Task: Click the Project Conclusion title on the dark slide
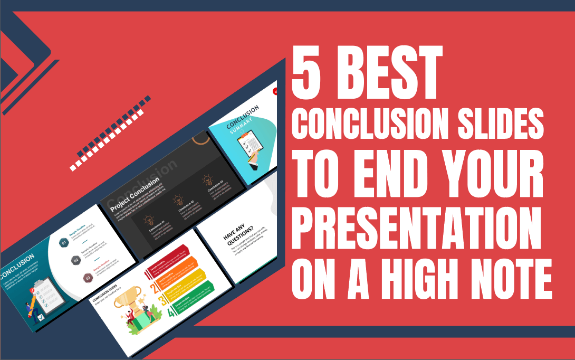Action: tap(135, 192)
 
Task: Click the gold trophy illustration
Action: tap(131, 301)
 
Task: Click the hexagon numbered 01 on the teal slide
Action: tap(64, 243)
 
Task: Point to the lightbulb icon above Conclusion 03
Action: tap(207, 181)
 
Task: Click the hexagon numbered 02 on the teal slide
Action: tap(75, 260)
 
